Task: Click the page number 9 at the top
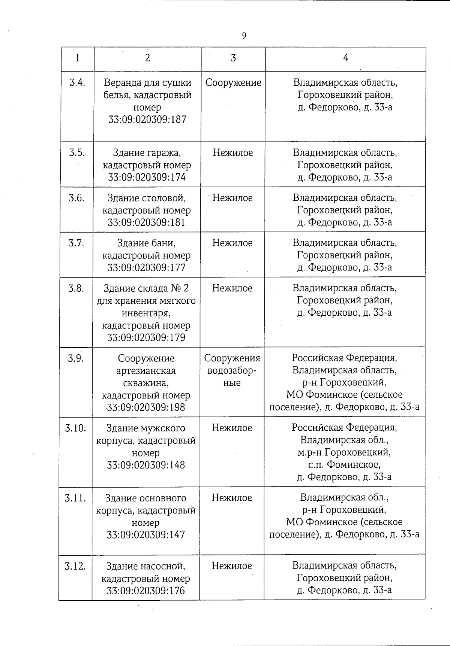[244, 36]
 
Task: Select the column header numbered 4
[345, 58]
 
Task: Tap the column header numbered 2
[147, 58]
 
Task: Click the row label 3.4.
[77, 83]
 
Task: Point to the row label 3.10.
[76, 428]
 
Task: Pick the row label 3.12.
[75, 566]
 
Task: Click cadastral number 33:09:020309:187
[147, 120]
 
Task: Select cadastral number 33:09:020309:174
[147, 177]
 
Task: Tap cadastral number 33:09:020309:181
[147, 222]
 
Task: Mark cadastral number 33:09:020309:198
[146, 407]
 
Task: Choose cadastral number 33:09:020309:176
[146, 591]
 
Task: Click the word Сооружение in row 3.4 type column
[233, 83]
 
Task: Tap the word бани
[165, 243]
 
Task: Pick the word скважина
[146, 383]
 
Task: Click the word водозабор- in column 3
[232, 371]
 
